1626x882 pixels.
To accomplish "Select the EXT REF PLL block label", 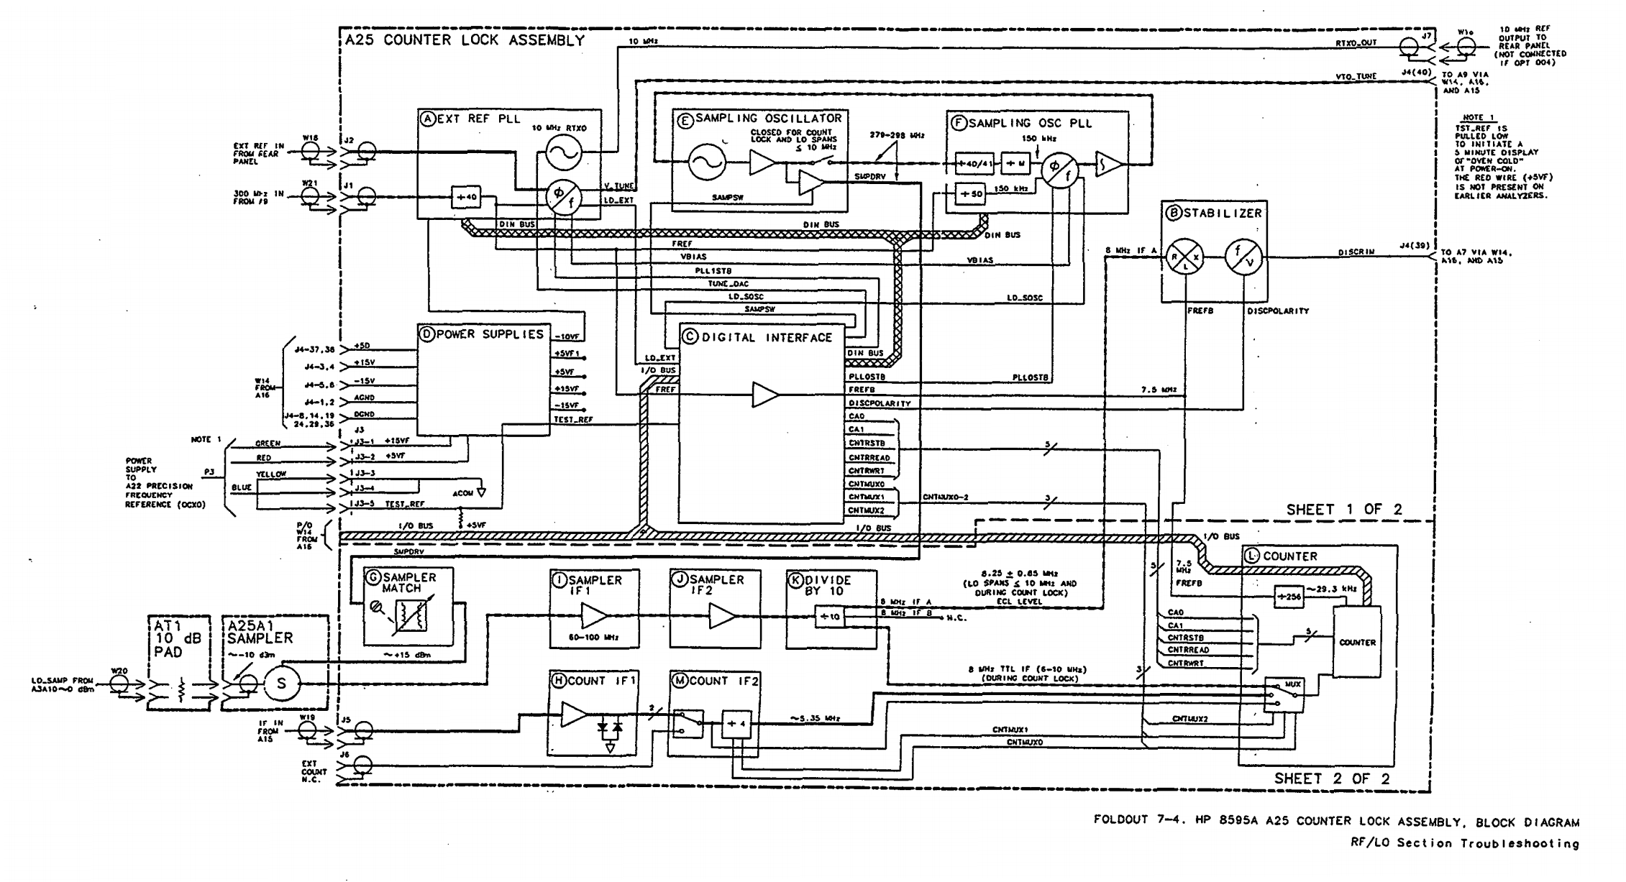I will coord(469,119).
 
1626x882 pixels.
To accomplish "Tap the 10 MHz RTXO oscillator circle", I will coord(563,153).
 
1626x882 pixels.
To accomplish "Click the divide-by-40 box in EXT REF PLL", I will coord(466,196).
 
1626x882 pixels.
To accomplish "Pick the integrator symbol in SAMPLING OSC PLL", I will coord(1109,165).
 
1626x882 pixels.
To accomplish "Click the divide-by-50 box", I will coord(969,194).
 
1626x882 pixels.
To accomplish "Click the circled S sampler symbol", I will coord(281,684).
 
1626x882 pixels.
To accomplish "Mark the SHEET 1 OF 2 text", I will coord(1343,509).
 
